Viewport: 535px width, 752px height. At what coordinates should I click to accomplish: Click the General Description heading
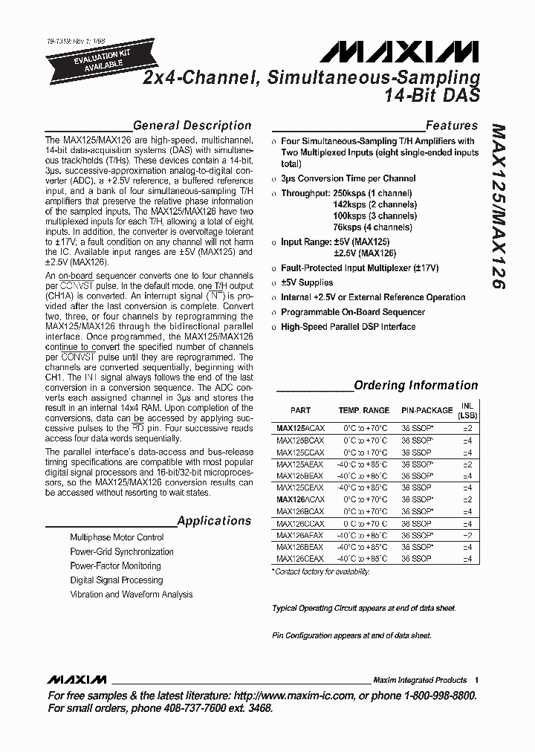pyautogui.click(x=192, y=126)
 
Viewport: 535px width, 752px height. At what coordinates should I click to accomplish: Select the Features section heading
pyautogui.click(x=451, y=126)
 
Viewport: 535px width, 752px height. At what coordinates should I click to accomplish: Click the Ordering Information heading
pyautogui.click(x=415, y=385)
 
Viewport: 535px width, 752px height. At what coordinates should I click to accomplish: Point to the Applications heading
pyautogui.click(x=214, y=521)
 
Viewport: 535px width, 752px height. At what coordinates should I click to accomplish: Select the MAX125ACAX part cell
pyautogui.click(x=300, y=429)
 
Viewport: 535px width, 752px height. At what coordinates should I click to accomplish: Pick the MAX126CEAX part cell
pyautogui.click(x=300, y=558)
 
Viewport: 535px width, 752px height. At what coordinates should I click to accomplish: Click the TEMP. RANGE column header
pyautogui.click(x=363, y=410)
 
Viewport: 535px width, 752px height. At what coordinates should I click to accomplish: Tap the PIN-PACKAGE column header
pyautogui.click(x=427, y=410)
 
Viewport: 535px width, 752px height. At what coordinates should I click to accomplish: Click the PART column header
pyautogui.click(x=300, y=410)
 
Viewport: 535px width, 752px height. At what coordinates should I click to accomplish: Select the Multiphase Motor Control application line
pyautogui.click(x=117, y=537)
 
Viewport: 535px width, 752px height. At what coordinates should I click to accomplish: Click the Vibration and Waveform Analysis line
pyautogui.click(x=131, y=594)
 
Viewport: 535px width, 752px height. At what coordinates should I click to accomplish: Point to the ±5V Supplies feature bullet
pyautogui.click(x=307, y=282)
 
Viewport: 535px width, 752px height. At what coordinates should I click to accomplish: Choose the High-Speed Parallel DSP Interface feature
pyautogui.click(x=348, y=327)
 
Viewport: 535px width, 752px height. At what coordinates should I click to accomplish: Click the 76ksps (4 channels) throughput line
pyautogui.click(x=372, y=227)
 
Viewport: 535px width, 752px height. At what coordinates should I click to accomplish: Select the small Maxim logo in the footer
pyautogui.click(x=76, y=680)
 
